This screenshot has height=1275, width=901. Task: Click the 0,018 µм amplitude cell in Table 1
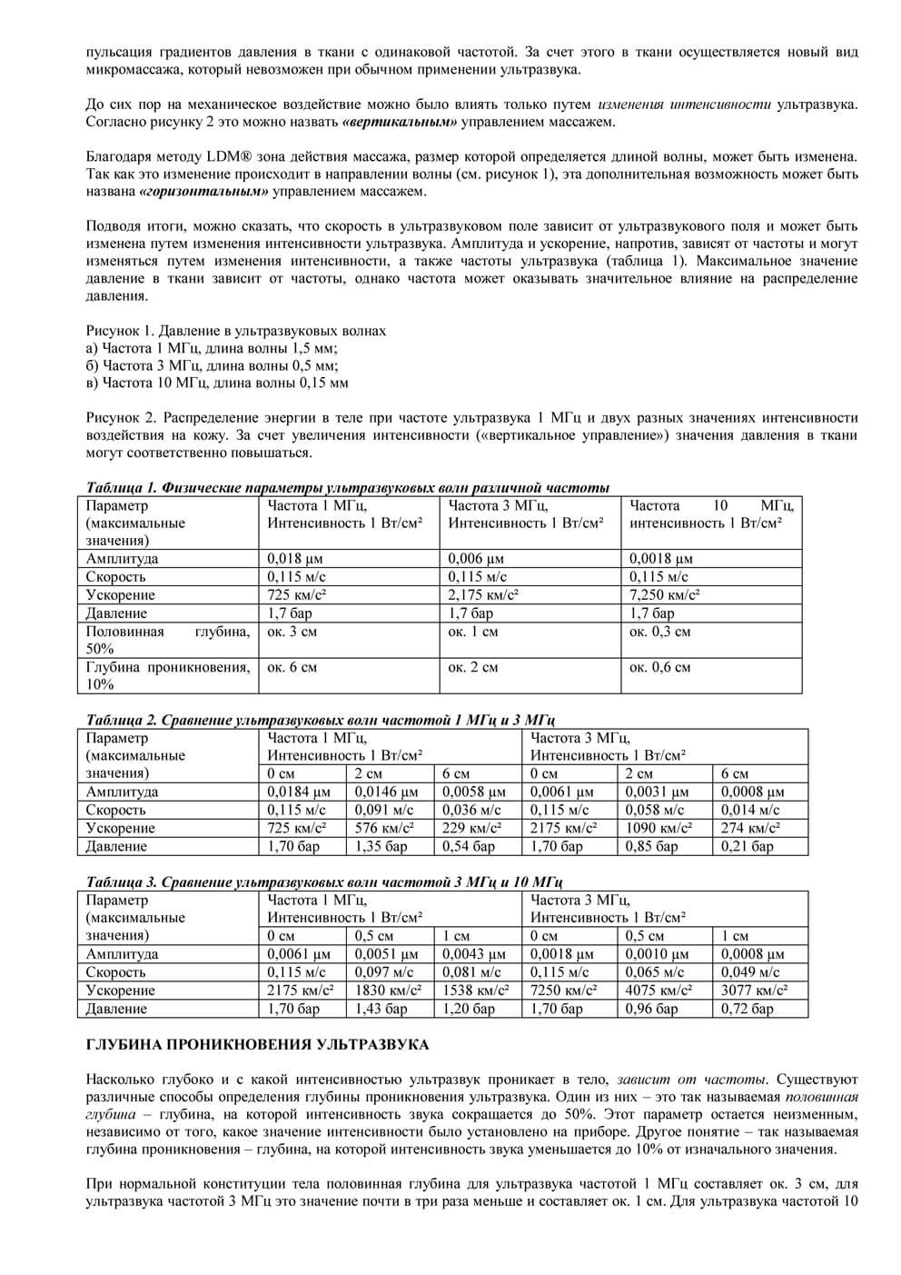tap(296, 559)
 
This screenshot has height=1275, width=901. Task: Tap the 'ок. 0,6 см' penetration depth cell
tap(659, 668)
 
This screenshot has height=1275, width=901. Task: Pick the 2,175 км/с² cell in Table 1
tap(483, 595)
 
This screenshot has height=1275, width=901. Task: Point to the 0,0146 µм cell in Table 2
tap(386, 792)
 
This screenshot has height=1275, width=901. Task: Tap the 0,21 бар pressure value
tap(748, 846)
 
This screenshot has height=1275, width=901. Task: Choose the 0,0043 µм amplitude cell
tap(473, 954)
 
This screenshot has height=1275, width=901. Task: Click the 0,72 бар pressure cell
tap(748, 1009)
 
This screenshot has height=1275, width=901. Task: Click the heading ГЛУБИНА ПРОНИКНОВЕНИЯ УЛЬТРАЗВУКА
tap(257, 1045)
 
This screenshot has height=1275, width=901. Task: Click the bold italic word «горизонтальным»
tap(204, 192)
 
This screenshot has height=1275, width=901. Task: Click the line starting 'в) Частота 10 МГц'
tap(217, 383)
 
